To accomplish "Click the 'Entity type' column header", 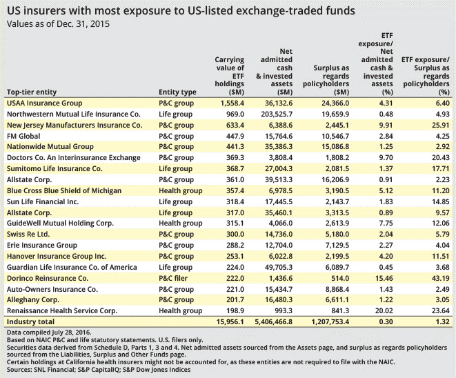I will [177, 92].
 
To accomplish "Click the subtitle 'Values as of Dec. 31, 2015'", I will [57, 23].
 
